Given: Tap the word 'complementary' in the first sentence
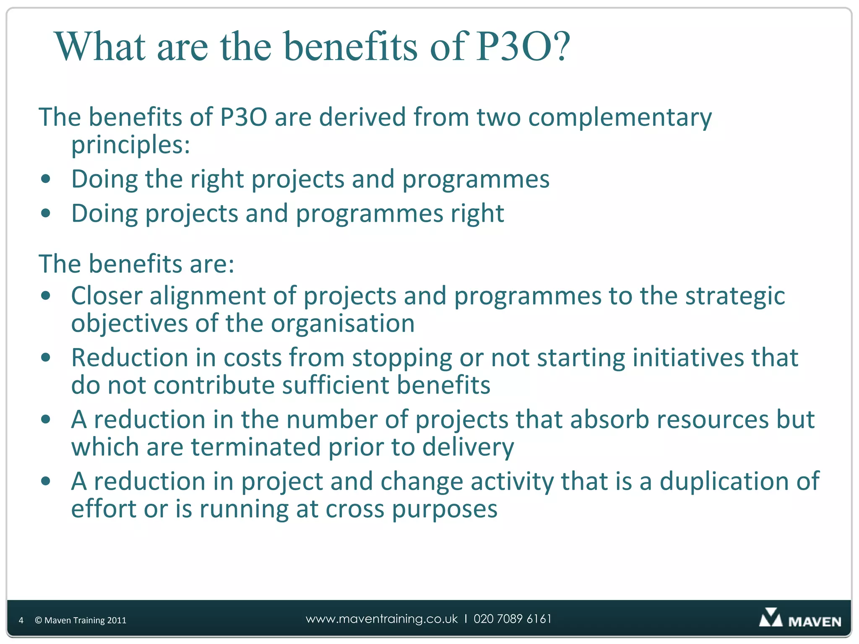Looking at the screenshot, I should point(620,117).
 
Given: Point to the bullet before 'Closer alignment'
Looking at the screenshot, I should point(46,296).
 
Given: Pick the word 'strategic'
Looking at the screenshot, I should point(735,296).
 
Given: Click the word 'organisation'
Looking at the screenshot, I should point(343,324).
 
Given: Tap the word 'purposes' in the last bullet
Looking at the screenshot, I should point(445,509).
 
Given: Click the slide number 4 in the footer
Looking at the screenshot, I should point(21,621).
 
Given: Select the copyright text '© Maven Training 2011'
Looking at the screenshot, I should point(81,621).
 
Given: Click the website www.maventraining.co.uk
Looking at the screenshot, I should point(382,619).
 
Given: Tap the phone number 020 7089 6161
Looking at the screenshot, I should point(513,619).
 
